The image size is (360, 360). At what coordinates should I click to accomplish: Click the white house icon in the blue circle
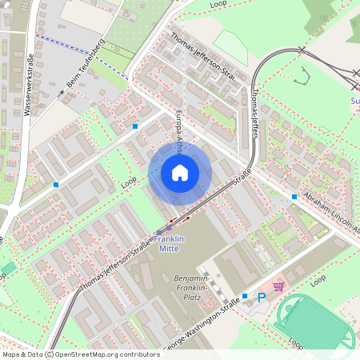click(x=179, y=172)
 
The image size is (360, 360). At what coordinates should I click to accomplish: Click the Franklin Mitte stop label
click(x=169, y=244)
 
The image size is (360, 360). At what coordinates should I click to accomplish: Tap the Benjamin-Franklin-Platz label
click(x=190, y=288)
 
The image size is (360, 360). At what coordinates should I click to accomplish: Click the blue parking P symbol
click(x=261, y=297)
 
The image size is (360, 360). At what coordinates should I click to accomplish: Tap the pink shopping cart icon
click(x=278, y=286)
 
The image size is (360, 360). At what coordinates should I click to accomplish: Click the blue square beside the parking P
click(x=246, y=297)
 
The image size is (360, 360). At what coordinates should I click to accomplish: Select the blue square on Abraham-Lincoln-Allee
click(x=294, y=196)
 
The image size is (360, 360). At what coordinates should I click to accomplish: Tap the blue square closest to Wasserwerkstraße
click(x=56, y=185)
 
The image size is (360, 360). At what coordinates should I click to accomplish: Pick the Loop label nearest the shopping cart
click(x=318, y=281)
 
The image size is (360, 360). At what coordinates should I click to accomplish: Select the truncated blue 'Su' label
click(x=355, y=101)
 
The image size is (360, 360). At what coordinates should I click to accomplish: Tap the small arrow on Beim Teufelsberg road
click(x=62, y=94)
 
